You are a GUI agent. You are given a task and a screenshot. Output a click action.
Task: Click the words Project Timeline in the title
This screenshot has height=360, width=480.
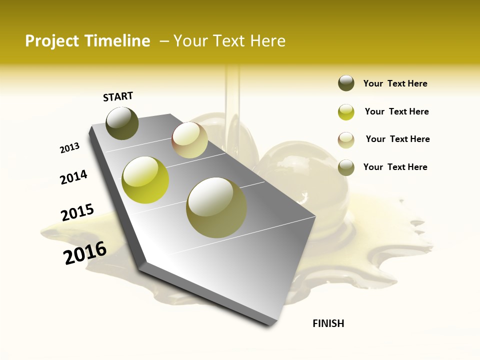tap(87, 41)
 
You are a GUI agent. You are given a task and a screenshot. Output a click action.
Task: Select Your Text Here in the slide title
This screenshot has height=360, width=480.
tap(229, 41)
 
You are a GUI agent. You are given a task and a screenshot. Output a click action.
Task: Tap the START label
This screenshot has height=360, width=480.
tap(118, 96)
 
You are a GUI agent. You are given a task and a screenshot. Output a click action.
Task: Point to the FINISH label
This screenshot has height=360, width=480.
tap(328, 323)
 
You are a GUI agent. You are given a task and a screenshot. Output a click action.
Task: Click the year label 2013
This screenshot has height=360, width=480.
tap(69, 148)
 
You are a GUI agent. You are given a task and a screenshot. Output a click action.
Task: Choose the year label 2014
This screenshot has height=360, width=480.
tap(73, 177)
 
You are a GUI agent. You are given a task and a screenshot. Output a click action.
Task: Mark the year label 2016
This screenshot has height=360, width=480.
tap(85, 252)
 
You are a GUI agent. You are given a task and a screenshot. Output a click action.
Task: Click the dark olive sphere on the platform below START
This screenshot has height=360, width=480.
tap(122, 123)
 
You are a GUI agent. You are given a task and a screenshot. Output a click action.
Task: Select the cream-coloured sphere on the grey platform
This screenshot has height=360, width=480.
tap(190, 140)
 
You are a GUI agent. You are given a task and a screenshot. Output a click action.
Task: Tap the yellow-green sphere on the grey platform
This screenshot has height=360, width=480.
tap(145, 180)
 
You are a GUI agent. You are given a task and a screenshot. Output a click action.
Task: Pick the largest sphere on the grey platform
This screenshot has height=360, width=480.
tap(216, 207)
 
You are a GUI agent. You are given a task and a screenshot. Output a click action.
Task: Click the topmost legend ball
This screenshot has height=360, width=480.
tap(346, 83)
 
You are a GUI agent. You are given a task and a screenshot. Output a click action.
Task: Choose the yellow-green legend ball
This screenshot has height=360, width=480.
tap(346, 112)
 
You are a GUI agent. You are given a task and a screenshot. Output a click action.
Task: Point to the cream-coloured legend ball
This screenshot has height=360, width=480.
tap(346, 140)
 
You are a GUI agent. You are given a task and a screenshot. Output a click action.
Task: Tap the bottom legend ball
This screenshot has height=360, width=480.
tap(346, 167)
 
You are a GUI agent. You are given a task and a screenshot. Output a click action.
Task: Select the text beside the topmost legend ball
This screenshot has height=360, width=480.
tap(395, 84)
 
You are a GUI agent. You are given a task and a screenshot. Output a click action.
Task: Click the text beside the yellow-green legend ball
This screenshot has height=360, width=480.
tap(397, 111)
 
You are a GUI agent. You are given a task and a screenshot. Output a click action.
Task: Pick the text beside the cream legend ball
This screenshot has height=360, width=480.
tap(398, 139)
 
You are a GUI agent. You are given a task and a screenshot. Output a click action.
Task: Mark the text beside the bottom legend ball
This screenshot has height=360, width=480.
tap(395, 167)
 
